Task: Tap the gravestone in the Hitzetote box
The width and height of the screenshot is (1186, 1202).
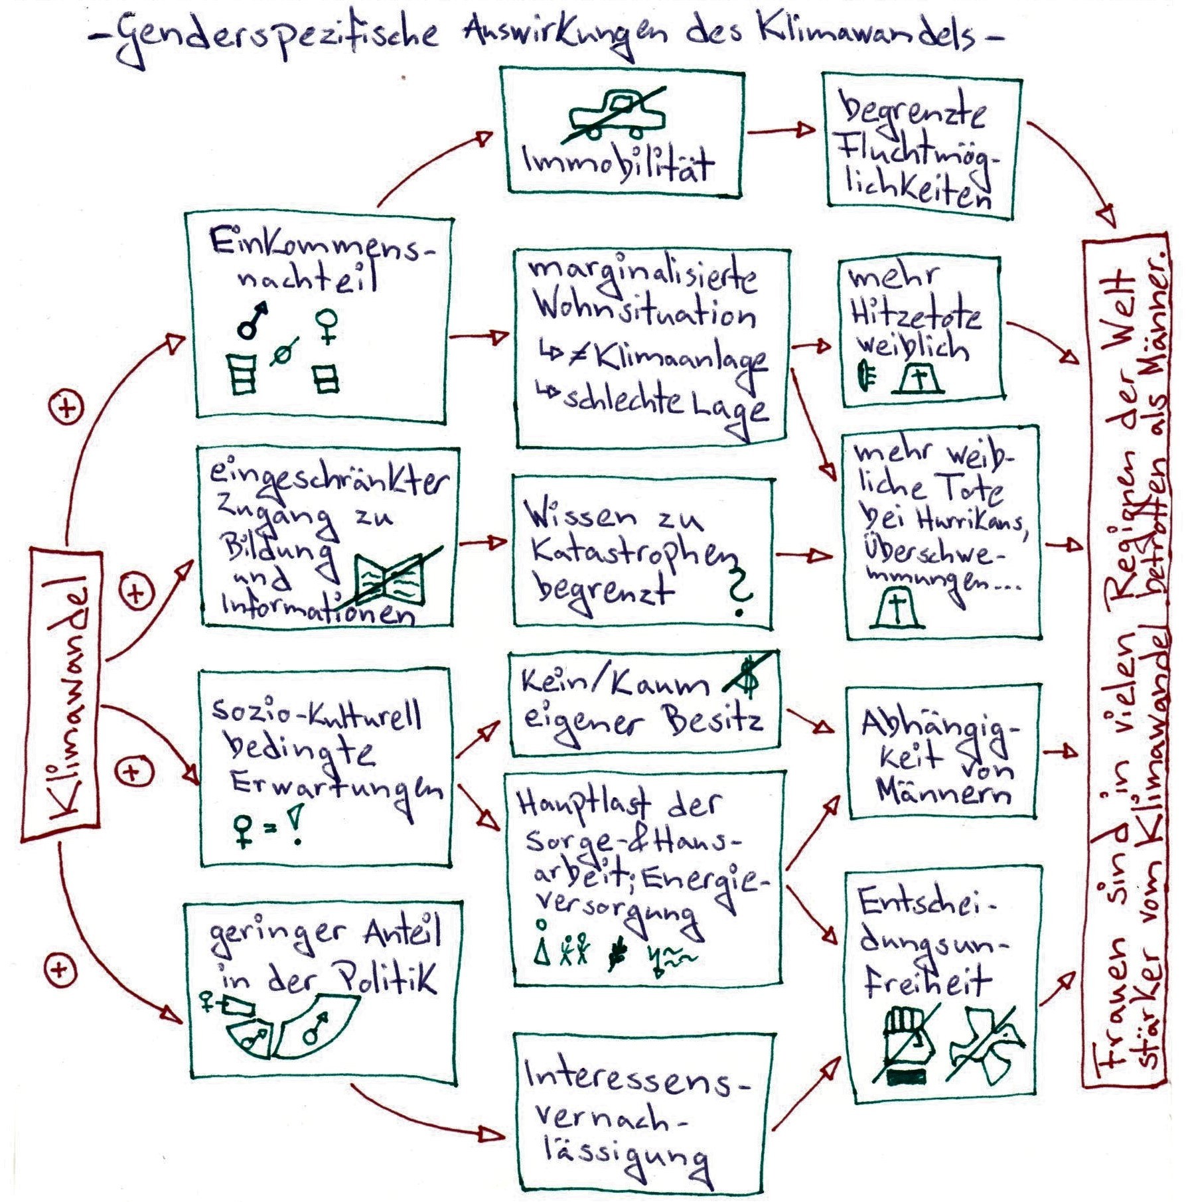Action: pos(919,380)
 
